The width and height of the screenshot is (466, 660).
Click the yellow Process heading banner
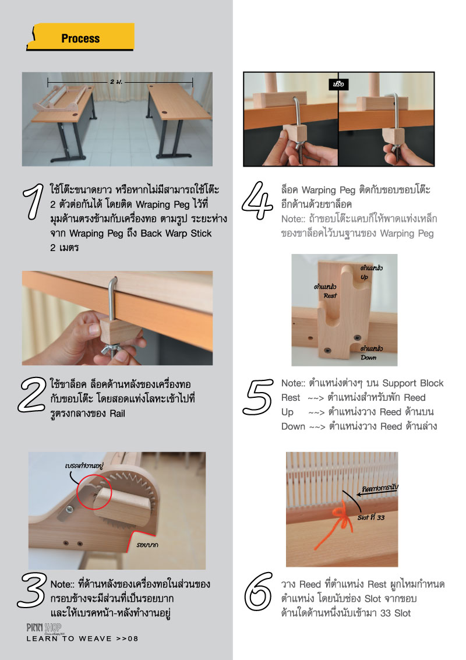point(80,37)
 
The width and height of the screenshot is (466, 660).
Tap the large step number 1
point(34,202)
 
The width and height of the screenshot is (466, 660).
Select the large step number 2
point(31,394)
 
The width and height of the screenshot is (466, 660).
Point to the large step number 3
point(32,590)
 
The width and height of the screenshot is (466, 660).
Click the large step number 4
point(257,200)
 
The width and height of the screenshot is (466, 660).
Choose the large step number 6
point(258,591)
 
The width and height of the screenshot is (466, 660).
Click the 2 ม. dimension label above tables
point(116,82)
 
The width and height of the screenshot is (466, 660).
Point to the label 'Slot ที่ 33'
point(371,517)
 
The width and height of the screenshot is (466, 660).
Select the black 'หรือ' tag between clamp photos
point(338,84)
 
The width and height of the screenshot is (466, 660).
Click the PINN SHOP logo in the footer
point(44,629)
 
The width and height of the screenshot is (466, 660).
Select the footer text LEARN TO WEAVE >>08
point(83,638)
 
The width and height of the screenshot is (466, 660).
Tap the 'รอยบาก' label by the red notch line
point(147,545)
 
